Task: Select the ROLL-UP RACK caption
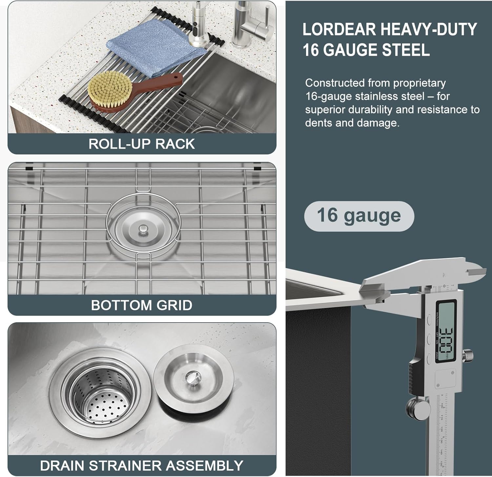(142, 144)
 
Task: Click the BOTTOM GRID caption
(142, 305)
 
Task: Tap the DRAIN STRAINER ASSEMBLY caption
(142, 466)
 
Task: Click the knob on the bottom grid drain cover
(143, 229)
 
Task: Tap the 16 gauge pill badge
(359, 216)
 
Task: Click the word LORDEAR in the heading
(339, 30)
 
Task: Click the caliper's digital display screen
(445, 331)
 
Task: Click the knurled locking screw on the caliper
(469, 355)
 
